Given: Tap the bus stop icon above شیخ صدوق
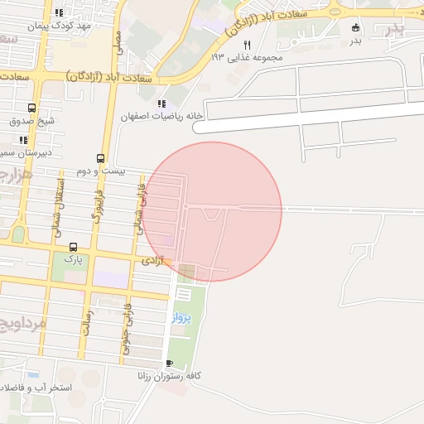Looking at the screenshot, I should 31,108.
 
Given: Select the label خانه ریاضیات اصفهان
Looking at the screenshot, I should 162,117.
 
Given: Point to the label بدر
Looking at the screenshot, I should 355,40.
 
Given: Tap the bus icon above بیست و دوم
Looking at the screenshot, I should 101,158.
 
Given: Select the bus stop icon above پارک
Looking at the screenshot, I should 73,247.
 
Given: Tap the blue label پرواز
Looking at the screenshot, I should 181,317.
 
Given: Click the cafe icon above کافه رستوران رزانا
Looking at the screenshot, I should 170,363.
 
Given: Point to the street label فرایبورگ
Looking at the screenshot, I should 99,209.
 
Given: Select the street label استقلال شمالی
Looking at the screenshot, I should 60,210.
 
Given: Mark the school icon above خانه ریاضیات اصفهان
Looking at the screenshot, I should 161,104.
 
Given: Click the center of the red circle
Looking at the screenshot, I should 212,211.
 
